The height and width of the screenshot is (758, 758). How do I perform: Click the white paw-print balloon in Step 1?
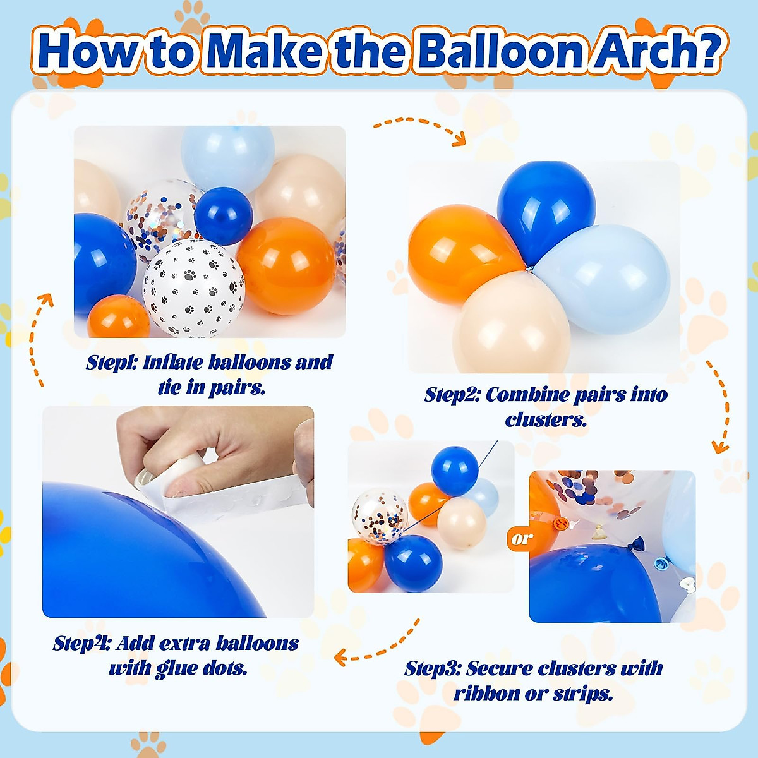pyautogui.click(x=193, y=287)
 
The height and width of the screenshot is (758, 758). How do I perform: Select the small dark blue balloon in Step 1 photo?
pyautogui.click(x=223, y=215)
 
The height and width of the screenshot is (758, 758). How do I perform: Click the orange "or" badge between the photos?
pyautogui.click(x=522, y=539)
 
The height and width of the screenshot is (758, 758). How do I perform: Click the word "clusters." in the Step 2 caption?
pyautogui.click(x=546, y=419)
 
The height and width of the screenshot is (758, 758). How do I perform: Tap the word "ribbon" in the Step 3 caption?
pyautogui.click(x=487, y=693)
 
